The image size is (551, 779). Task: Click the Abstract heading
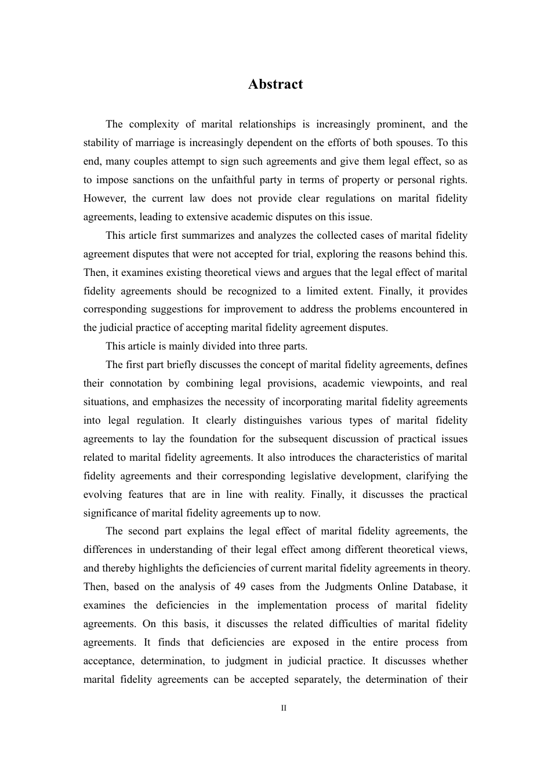275,85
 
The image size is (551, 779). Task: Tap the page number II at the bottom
284,708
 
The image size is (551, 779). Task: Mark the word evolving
103,495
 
